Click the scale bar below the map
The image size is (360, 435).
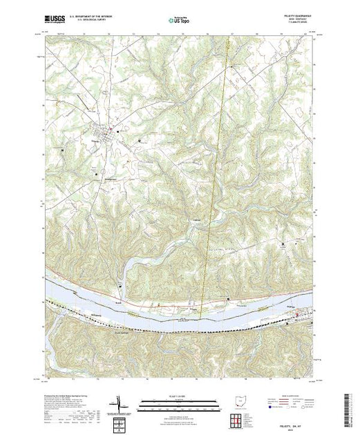point(176,403)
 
